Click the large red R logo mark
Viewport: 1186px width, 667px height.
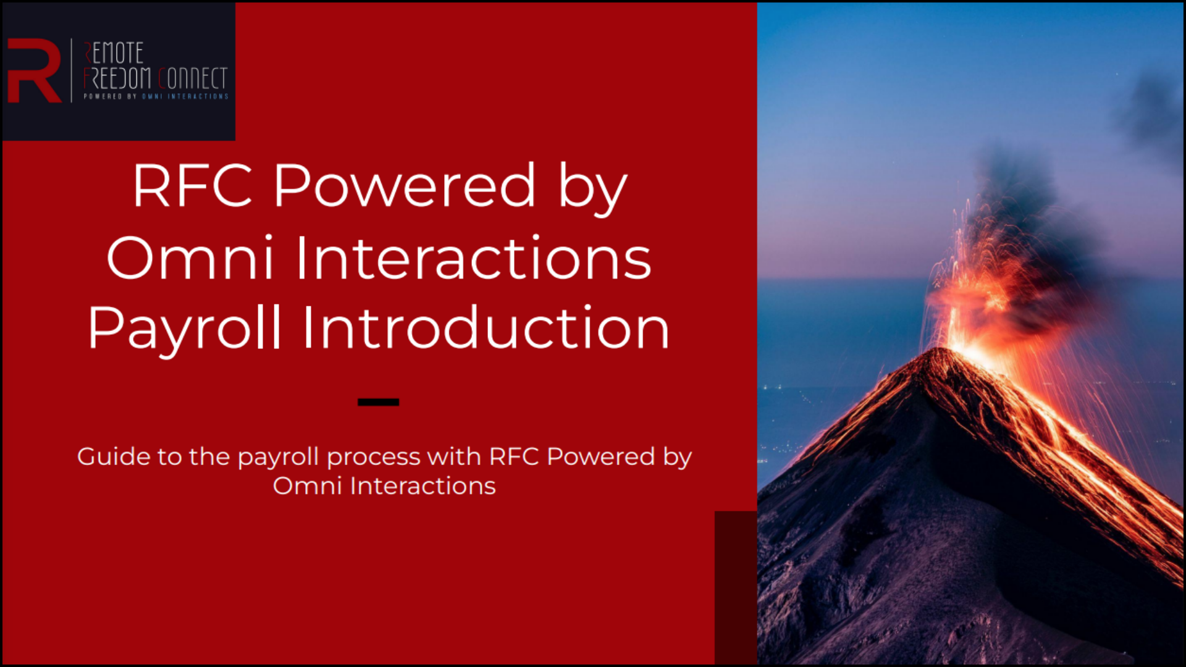(34, 70)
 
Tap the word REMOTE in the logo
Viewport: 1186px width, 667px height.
(114, 53)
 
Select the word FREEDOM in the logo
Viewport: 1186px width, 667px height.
(117, 78)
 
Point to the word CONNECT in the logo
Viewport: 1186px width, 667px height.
(193, 78)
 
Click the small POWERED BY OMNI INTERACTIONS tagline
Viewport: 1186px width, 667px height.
(156, 96)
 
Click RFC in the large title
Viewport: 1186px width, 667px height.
(193, 185)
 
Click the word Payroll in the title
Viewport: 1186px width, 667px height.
(185, 329)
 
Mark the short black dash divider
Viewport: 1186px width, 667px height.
(378, 402)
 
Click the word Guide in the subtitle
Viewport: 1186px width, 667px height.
(114, 456)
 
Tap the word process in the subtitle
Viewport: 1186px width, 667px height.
(373, 458)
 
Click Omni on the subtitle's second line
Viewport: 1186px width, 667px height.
(307, 485)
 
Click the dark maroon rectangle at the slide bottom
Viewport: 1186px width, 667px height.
(736, 587)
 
